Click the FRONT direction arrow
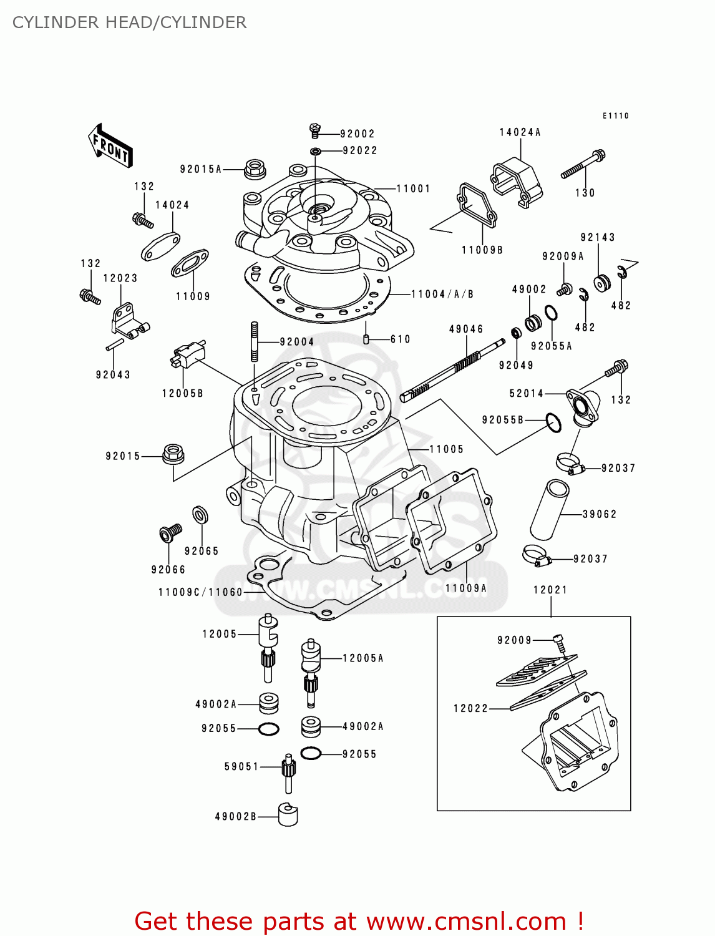pos(110,146)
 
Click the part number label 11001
pos(413,188)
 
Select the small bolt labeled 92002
pos(316,130)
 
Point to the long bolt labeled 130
pos(583,164)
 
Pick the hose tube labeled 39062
pos(549,509)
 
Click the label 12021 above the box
pos(550,590)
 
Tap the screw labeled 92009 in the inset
pos(560,641)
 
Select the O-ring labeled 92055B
pos(553,422)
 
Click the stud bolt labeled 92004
pos(255,341)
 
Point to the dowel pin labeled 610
pos(367,339)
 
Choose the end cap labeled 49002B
pos(288,815)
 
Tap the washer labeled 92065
pos(200,515)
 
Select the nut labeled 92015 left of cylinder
pos(173,454)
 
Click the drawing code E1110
pos(615,115)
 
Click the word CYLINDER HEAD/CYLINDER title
pos(129,22)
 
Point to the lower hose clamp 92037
pos(537,555)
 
